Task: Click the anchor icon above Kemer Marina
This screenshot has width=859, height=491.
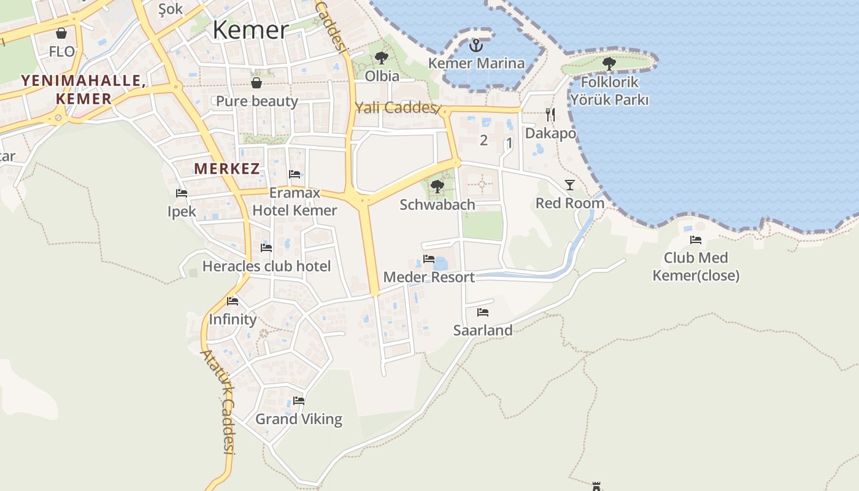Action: click(476, 45)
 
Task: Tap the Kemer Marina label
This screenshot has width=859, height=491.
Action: click(476, 63)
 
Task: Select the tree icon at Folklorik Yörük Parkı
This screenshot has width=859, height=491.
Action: click(609, 63)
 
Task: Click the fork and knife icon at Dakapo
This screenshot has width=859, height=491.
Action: click(550, 114)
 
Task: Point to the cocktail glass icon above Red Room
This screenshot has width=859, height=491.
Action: click(570, 185)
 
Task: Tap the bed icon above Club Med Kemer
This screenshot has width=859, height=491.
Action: click(696, 240)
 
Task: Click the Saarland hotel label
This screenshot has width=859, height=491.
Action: click(483, 330)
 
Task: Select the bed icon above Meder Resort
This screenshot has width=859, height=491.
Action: click(429, 259)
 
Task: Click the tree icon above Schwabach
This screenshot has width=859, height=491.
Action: click(437, 186)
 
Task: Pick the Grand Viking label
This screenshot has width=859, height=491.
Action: click(299, 419)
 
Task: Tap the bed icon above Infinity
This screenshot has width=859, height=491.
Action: click(233, 301)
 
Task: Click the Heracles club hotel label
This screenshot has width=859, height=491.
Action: click(266, 266)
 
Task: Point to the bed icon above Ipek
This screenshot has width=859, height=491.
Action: click(182, 193)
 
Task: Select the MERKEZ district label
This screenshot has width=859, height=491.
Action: click(227, 169)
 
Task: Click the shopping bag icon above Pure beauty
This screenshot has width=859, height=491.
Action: click(256, 83)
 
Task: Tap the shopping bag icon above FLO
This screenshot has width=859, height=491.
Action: click(61, 33)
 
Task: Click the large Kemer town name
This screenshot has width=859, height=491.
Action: click(250, 29)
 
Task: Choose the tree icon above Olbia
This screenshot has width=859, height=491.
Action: click(382, 58)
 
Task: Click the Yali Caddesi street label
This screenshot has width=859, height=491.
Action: click(396, 108)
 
